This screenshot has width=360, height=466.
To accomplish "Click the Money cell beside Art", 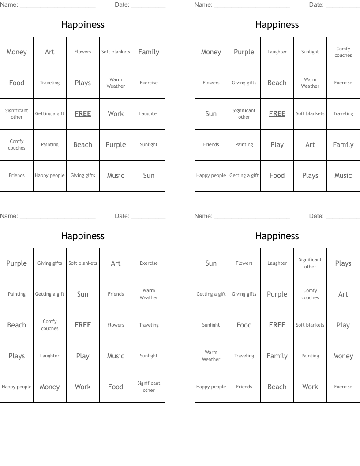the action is click(17, 52).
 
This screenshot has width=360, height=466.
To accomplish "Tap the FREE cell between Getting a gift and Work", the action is click(82, 114).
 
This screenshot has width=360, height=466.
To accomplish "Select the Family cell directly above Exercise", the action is click(149, 52).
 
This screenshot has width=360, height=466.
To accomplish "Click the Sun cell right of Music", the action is click(149, 176).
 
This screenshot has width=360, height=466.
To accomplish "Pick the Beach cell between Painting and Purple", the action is click(82, 145).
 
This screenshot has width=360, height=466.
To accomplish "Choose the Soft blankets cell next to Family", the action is click(116, 52).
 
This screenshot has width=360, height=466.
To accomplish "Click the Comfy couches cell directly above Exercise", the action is click(343, 52).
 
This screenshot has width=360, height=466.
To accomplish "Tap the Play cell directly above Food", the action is click(277, 145).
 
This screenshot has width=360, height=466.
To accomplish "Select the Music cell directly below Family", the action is click(343, 176).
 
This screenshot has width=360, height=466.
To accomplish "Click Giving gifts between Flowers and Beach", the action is click(244, 83).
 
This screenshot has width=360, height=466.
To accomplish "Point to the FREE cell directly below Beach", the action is click(277, 114).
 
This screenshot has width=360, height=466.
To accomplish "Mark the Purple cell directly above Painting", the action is click(17, 263).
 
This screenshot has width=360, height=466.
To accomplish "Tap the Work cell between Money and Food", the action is click(82, 387).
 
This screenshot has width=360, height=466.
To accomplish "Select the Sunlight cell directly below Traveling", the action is click(149, 356).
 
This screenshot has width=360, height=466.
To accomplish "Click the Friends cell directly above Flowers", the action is click(116, 294).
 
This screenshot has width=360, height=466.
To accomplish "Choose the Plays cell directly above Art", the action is click(343, 263).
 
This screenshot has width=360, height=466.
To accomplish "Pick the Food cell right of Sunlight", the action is click(244, 325).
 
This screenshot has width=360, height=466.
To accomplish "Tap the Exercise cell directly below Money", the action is click(343, 387).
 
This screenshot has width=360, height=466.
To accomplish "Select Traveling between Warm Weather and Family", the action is click(244, 356).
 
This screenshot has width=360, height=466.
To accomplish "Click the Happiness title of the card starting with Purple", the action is click(82, 236).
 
